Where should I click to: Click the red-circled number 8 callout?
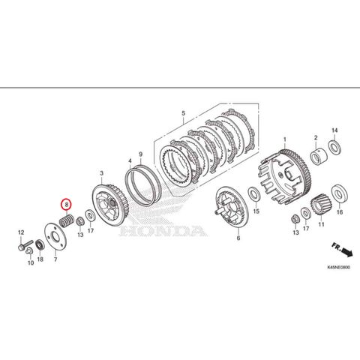[67, 205]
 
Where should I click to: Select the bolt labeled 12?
[25, 244]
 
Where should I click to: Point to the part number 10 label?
[31, 262]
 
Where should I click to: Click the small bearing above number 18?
[40, 244]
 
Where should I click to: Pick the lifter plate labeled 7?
[55, 235]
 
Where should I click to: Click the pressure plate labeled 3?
[109, 205]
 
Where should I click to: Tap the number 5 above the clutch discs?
[184, 113]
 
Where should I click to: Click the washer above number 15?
[254, 194]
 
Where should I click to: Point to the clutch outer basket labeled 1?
[285, 177]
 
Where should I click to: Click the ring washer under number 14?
[334, 148]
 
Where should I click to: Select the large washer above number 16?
[340, 193]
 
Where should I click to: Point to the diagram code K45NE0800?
[338, 267]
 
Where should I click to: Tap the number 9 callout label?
[141, 154]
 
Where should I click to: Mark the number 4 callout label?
[130, 160]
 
